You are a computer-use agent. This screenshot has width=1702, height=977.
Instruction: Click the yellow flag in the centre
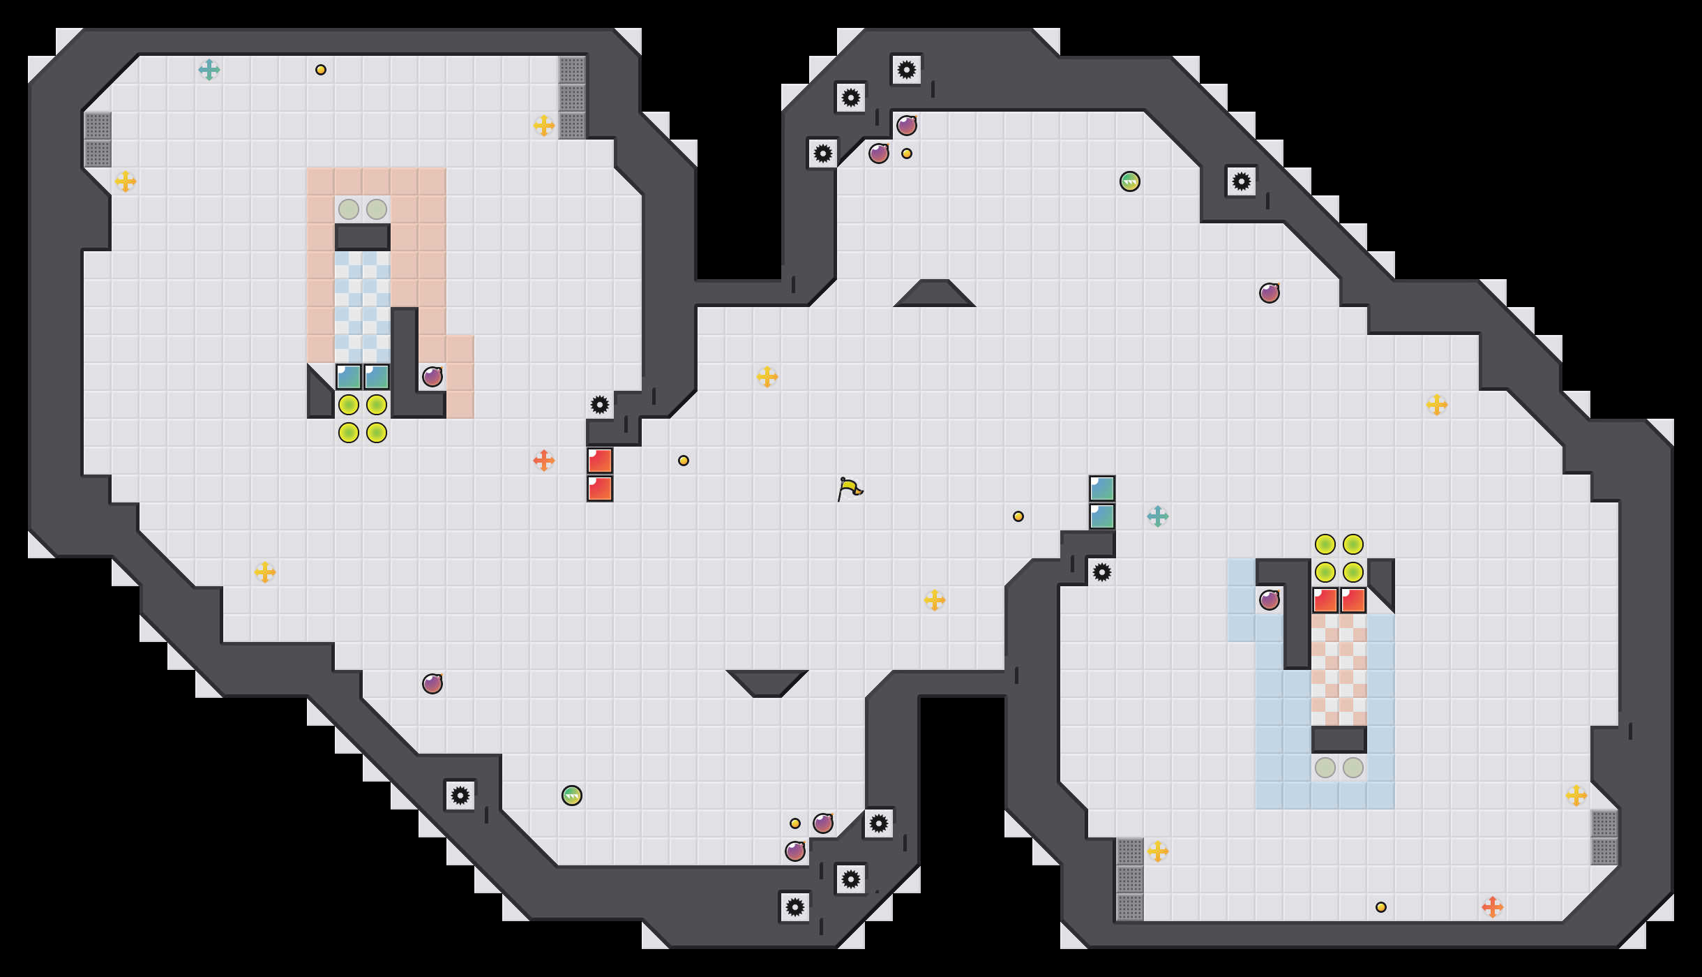(849, 488)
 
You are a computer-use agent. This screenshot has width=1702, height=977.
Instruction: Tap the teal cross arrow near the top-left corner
(209, 70)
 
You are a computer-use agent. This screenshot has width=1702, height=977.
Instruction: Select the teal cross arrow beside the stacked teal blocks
(1158, 516)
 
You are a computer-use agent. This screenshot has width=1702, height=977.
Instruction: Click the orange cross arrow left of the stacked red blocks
(544, 461)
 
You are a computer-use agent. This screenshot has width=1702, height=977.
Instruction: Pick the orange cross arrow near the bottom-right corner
(1493, 907)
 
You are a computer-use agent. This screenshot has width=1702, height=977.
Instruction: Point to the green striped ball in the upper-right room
(1130, 181)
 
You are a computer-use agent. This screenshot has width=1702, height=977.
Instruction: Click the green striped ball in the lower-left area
(572, 796)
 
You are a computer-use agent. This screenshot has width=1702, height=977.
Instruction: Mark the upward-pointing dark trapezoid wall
(935, 294)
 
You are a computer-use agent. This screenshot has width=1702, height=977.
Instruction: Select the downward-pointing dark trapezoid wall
(767, 683)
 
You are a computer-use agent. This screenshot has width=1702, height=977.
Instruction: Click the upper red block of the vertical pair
(600, 461)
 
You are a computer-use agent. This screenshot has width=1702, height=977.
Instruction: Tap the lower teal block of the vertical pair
(1102, 516)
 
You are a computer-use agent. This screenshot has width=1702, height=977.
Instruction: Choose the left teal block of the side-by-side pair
(349, 377)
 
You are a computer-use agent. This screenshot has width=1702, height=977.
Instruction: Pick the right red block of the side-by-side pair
(1353, 600)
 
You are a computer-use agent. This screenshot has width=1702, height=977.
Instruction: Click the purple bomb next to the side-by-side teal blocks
(432, 377)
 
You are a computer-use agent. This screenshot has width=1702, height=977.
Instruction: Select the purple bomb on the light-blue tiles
(1270, 600)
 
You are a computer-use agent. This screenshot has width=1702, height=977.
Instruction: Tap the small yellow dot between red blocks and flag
(684, 461)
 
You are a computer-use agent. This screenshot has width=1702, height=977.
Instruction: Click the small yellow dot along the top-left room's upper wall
(321, 70)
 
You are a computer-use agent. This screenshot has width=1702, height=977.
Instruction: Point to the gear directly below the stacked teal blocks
(1102, 572)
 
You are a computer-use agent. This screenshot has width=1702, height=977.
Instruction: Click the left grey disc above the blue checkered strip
(349, 209)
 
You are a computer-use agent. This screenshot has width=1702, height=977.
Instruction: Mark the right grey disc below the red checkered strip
(1353, 768)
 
